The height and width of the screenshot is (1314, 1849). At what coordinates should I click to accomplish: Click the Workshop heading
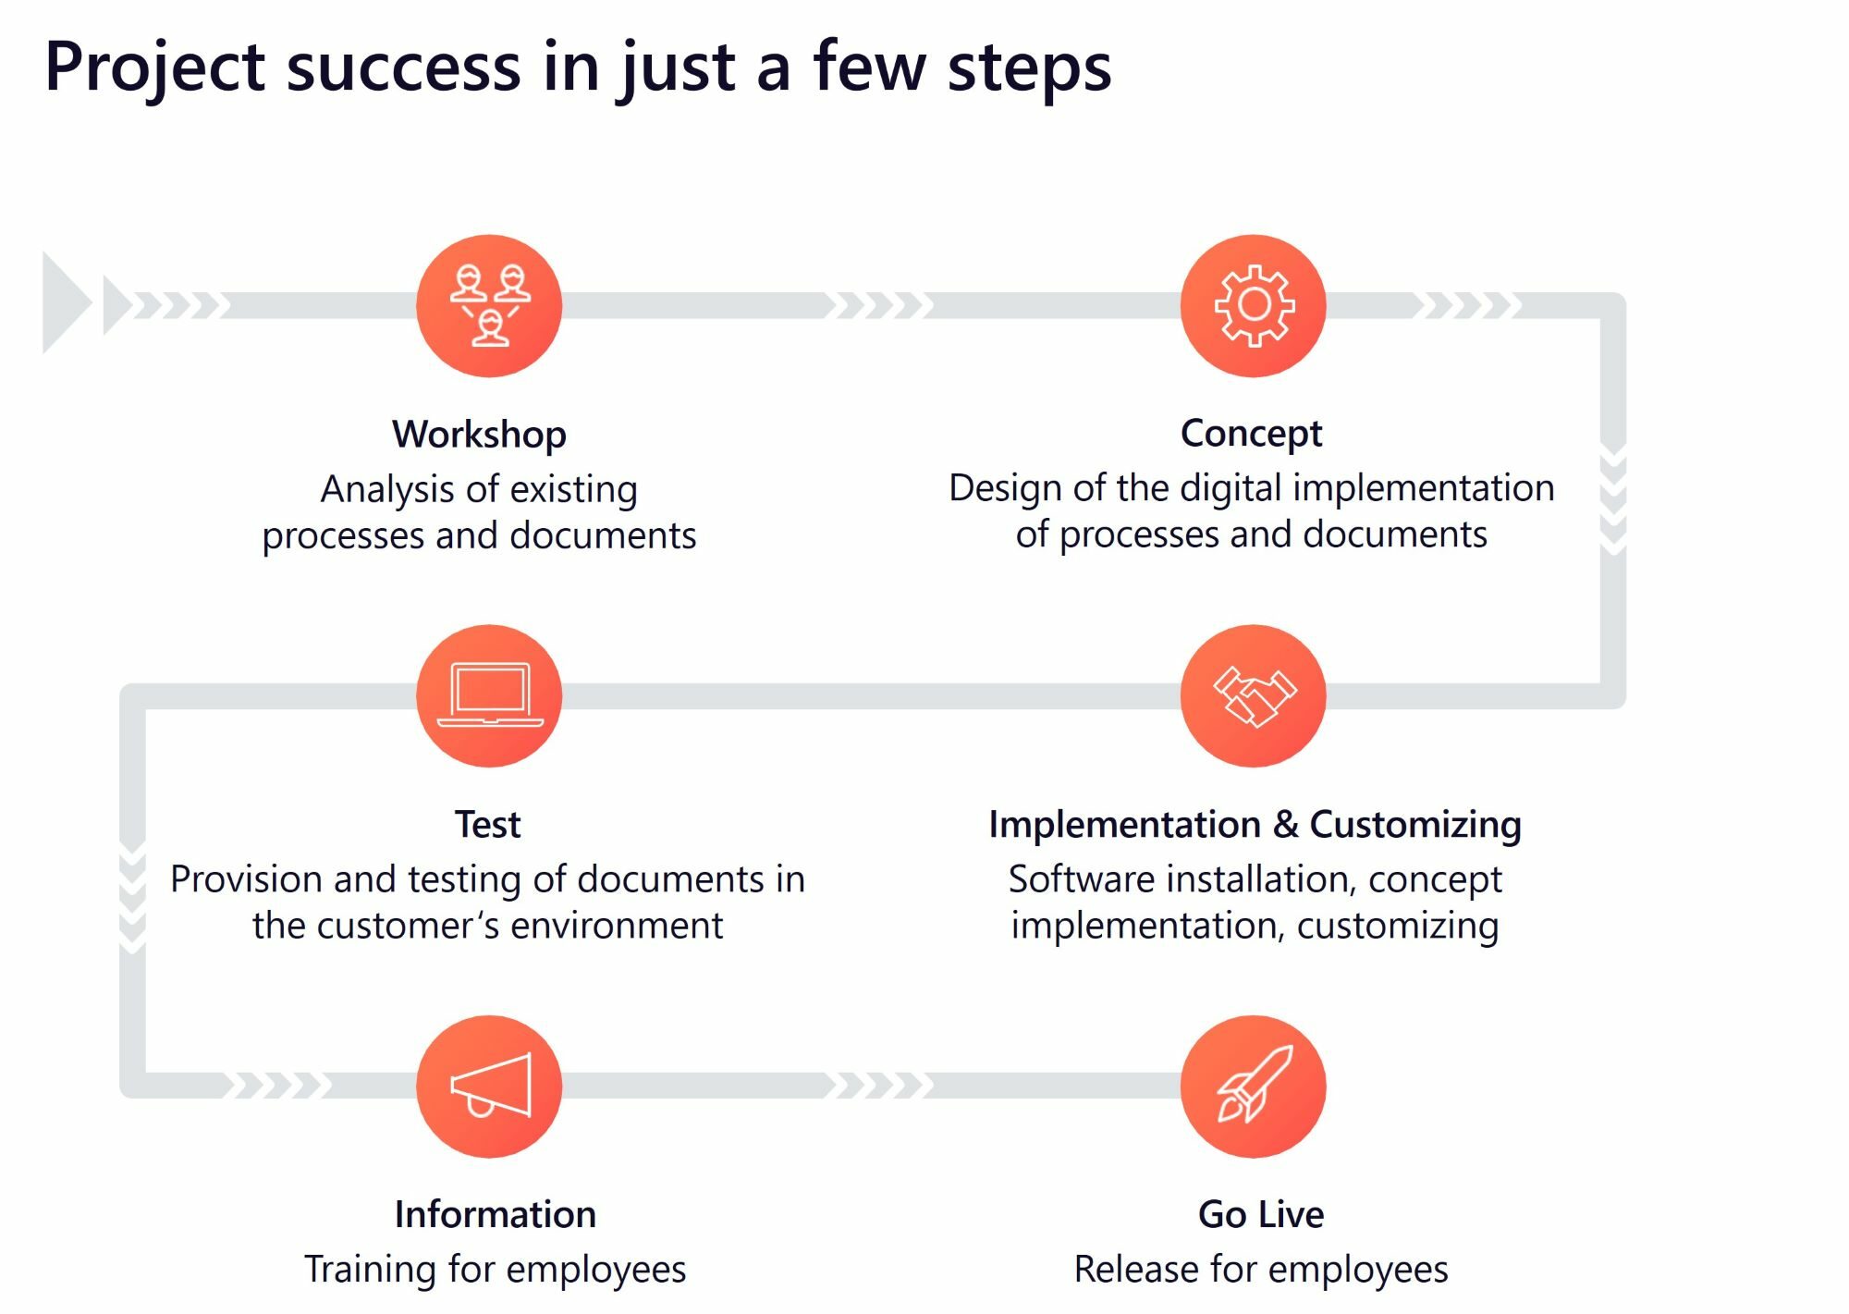point(479,434)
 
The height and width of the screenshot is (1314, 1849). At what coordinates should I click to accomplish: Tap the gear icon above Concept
point(1253,305)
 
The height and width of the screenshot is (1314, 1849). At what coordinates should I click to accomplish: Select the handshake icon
point(1254,696)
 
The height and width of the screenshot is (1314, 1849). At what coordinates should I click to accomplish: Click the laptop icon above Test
point(489,695)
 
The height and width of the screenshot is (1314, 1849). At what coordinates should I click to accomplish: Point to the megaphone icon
point(490,1087)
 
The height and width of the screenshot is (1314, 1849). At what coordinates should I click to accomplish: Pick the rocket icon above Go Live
point(1254,1086)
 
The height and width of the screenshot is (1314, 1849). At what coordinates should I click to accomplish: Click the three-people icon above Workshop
point(489,305)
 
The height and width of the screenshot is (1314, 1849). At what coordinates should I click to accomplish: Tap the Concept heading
point(1251,433)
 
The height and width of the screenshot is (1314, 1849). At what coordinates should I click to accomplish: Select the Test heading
point(487,824)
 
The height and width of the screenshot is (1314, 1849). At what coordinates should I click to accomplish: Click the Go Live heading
point(1261,1214)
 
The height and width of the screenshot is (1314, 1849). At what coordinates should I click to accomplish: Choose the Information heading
point(495,1214)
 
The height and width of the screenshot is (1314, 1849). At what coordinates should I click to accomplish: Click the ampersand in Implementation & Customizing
point(1285,824)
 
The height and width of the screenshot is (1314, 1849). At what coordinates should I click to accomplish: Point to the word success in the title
point(404,67)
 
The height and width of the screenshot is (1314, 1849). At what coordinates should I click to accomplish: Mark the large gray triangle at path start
point(65,303)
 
